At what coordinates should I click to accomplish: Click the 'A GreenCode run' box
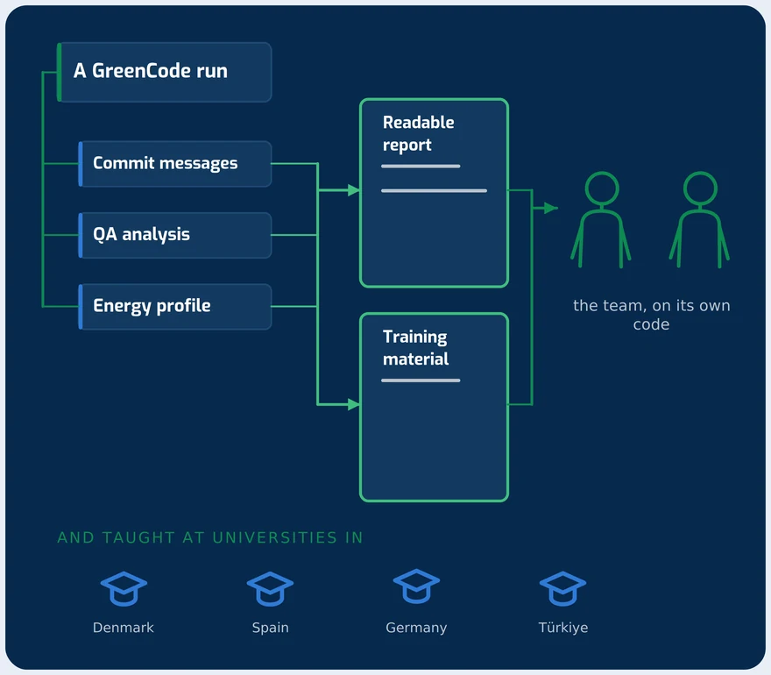pyautogui.click(x=164, y=72)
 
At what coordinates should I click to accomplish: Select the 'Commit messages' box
pyautogui.click(x=175, y=163)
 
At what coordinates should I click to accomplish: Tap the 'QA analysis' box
pyautogui.click(x=175, y=235)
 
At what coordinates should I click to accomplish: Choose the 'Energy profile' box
pyautogui.click(x=175, y=307)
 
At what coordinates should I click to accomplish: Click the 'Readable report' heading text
pyautogui.click(x=419, y=134)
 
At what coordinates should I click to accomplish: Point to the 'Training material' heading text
pyautogui.click(x=415, y=348)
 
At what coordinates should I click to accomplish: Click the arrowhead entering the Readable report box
pyautogui.click(x=354, y=190)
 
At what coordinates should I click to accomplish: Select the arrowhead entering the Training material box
pyautogui.click(x=354, y=404)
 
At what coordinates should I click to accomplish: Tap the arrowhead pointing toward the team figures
pyautogui.click(x=551, y=208)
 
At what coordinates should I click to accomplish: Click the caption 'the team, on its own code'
pyautogui.click(x=652, y=315)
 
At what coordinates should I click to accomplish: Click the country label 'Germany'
pyautogui.click(x=416, y=628)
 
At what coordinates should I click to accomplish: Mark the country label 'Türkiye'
pyautogui.click(x=563, y=628)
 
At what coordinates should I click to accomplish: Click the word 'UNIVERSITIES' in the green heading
pyautogui.click(x=274, y=537)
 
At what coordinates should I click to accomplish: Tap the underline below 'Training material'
pyautogui.click(x=421, y=380)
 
